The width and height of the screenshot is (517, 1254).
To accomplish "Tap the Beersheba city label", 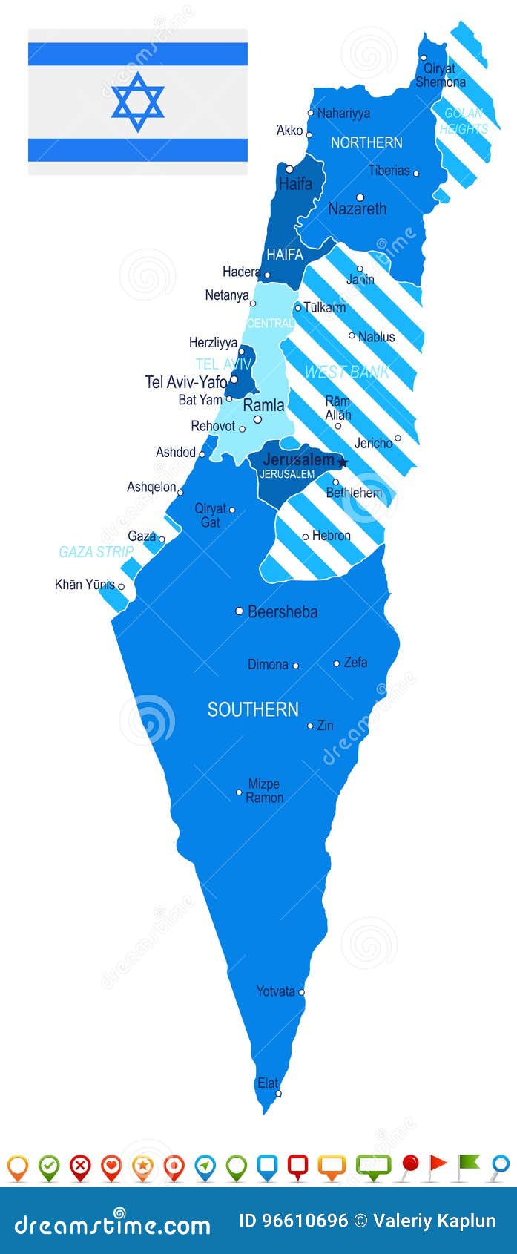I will coord(283,612).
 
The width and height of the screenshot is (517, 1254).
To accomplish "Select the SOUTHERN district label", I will coord(253,709).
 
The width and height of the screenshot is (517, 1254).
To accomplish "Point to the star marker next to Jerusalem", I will coord(343,462).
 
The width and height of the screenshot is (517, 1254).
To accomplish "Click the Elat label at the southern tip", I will coord(268,1083).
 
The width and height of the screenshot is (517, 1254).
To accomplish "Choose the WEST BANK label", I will coord(346,372).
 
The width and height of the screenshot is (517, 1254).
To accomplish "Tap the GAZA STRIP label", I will coord(96,552).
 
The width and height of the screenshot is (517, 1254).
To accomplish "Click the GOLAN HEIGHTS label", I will coord(464,121).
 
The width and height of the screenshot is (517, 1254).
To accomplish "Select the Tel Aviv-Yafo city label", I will coord(185,382).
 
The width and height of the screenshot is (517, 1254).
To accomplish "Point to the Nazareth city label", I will coord(358,209).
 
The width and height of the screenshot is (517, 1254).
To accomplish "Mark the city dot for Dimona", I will coord(295,666).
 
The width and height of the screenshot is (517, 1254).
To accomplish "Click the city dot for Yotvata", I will coord(301,992).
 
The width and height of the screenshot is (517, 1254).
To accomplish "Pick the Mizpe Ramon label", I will coord(264,791).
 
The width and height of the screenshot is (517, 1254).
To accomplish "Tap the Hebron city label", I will coord(332,536).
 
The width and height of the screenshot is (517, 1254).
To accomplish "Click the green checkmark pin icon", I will coord(49,1166).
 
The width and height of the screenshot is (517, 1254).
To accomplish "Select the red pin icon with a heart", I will coord(111,1166).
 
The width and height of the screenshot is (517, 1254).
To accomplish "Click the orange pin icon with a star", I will coord(142,1166).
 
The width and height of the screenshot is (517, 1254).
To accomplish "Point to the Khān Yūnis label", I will coord(85,585).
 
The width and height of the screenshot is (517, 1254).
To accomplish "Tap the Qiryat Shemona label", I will coord(441,76).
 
